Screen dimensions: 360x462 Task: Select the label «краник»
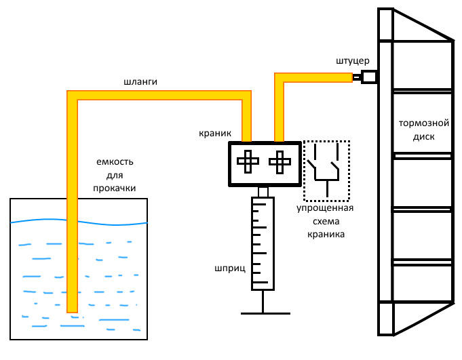tap(216, 134)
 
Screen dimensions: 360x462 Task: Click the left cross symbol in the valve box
tap(248, 162)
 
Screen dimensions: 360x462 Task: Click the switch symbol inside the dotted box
tap(327, 169)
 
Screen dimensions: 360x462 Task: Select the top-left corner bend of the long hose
tap(73, 96)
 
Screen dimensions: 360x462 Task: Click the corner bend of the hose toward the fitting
tap(280, 77)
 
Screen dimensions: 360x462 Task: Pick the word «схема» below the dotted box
tap(326, 222)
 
